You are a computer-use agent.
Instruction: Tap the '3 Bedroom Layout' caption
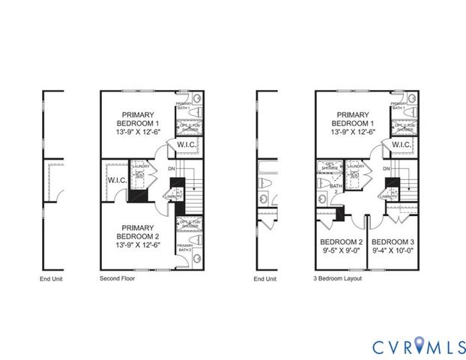point(338,278)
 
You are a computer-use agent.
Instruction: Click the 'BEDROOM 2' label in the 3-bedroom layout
point(341,242)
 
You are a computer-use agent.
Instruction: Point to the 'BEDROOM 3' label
point(393,242)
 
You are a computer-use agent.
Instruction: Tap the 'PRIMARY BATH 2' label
point(184,248)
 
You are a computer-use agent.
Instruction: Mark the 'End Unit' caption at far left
point(51,278)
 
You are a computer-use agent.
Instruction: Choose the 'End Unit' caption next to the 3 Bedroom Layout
point(264,278)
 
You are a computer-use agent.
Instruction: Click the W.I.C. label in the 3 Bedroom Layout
point(402,145)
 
